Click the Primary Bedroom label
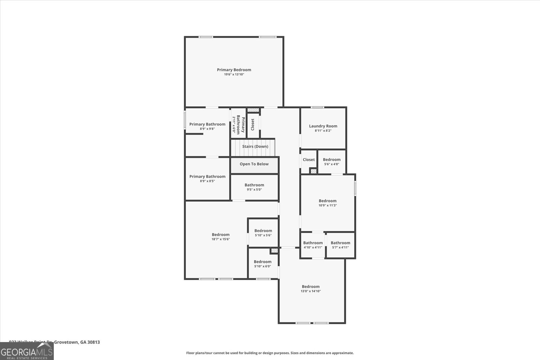234,70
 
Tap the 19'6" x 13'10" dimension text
234,75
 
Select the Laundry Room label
323,126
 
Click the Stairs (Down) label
255,147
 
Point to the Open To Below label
254,164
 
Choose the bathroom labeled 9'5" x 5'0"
254,187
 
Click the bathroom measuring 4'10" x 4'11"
313,245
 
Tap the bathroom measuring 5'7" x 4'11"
340,245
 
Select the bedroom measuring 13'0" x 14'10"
310,289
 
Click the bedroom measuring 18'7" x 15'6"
221,237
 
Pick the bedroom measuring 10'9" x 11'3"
327,203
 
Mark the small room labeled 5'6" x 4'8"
331,161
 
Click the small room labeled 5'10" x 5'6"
263,233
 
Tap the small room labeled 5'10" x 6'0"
263,264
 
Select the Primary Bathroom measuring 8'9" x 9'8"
207,126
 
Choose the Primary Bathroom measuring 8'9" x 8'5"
207,178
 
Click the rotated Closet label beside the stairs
253,124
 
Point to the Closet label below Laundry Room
308,160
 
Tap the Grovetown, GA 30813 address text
77,342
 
